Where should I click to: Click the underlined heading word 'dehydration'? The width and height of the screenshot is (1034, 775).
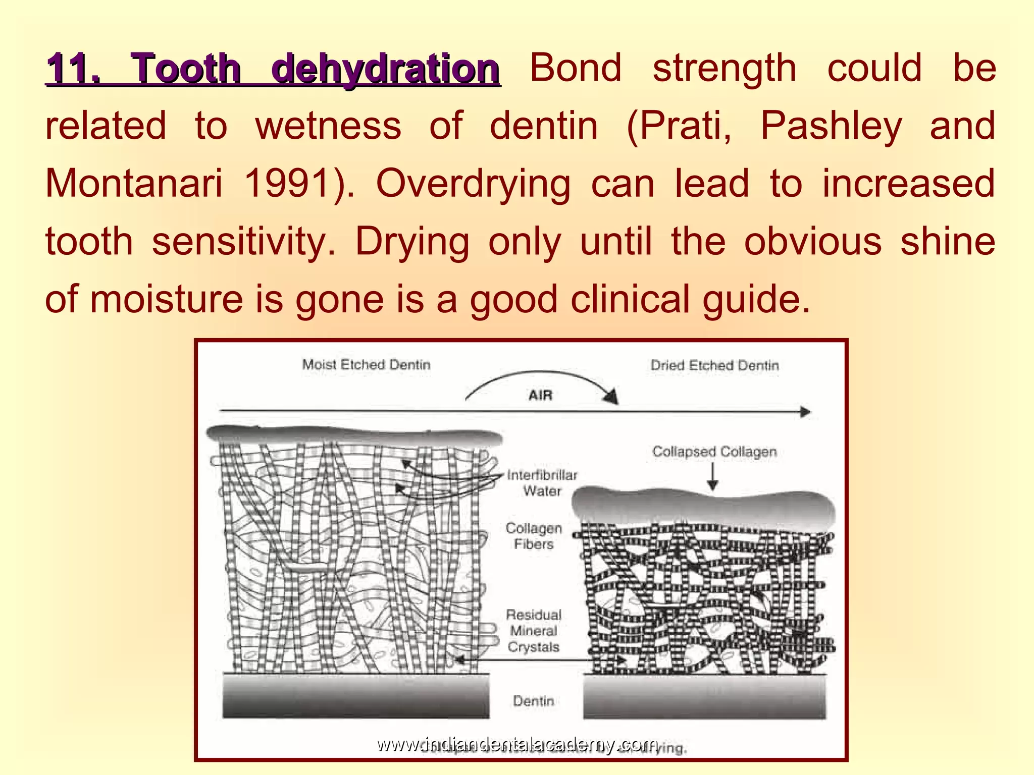point(386,69)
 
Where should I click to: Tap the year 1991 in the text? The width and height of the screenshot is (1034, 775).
point(288,184)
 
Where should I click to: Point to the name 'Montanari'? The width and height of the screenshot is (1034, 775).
point(133,184)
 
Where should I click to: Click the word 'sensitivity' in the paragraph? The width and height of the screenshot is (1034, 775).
point(243,242)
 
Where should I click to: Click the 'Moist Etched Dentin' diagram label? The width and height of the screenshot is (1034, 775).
point(366,365)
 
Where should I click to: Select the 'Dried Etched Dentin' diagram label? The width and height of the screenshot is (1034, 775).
point(714,365)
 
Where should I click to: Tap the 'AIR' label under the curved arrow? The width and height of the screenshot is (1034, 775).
point(540,395)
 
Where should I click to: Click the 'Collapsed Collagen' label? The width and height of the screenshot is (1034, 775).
point(714,452)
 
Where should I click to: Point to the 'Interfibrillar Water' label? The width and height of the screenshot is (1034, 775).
point(542,483)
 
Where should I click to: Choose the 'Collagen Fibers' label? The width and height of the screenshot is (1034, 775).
point(534,536)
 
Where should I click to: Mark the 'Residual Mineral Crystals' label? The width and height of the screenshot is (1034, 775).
point(534,631)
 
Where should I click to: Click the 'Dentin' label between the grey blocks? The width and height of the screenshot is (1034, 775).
point(533,701)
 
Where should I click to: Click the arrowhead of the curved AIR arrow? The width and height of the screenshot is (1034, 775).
point(611,397)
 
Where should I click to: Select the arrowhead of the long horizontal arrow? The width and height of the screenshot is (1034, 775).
point(805,412)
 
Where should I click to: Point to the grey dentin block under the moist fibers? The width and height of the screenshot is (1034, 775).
point(356,696)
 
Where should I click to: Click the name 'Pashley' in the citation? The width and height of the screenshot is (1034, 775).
point(831,126)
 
